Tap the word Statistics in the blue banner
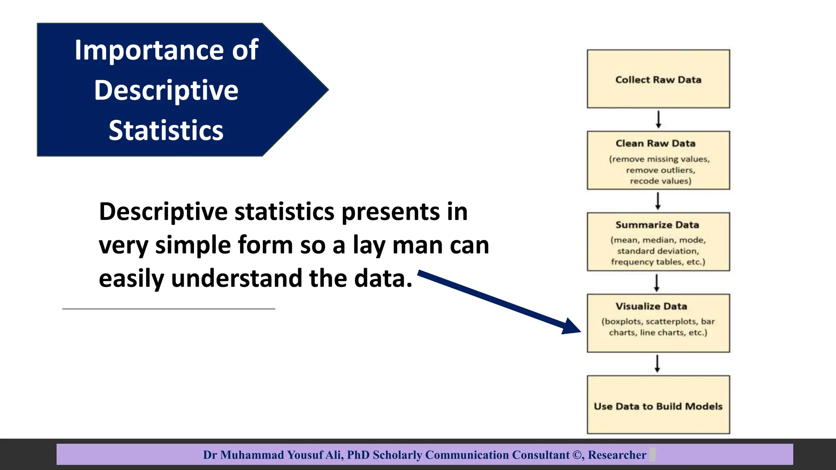click(166, 131)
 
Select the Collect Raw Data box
click(658, 79)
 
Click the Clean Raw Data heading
click(656, 144)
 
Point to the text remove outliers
click(660, 170)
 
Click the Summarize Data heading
click(657, 225)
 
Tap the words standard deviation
click(658, 251)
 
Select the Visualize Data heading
click(651, 306)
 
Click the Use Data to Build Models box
click(658, 405)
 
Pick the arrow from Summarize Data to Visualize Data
click(656, 283)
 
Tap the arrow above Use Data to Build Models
click(657, 364)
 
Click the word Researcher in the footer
click(617, 455)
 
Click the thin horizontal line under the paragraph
click(169, 309)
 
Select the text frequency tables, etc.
click(658, 262)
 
